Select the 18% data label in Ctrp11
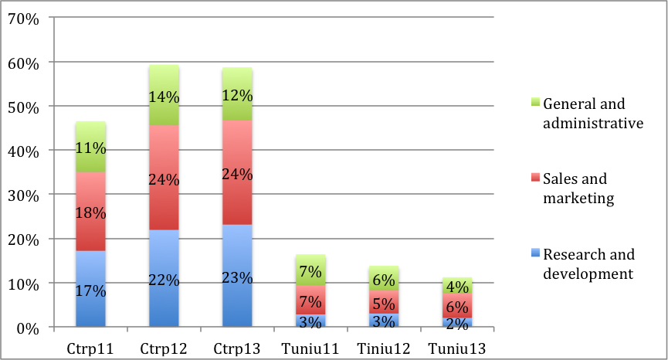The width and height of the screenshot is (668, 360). click(x=90, y=212)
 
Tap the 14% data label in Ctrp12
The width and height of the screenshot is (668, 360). click(x=164, y=97)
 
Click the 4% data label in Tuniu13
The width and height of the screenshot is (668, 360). click(x=458, y=287)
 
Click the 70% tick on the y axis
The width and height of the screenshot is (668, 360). click(x=22, y=18)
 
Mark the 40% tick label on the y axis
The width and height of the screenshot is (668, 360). click(x=22, y=151)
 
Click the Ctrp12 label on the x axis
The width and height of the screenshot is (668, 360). click(x=164, y=348)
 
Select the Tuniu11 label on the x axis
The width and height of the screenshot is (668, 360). click(x=311, y=348)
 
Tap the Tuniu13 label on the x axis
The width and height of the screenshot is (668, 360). click(x=458, y=348)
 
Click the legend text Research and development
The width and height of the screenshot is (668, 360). click(x=588, y=263)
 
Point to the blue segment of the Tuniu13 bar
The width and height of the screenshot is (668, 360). click(x=458, y=322)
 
